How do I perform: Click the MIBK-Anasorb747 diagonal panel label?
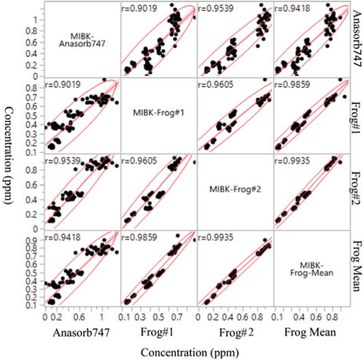point(82,39)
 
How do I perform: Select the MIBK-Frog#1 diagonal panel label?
point(159,113)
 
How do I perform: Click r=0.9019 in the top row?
point(140,9)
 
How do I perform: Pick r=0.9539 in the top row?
point(217,9)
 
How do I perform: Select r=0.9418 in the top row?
point(293,9)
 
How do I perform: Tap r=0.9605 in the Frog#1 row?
point(217,85)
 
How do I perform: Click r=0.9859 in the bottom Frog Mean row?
point(140,237)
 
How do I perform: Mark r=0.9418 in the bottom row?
point(64,237)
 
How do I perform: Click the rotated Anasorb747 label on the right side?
point(355,39)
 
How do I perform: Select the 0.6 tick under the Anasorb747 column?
point(77,316)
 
